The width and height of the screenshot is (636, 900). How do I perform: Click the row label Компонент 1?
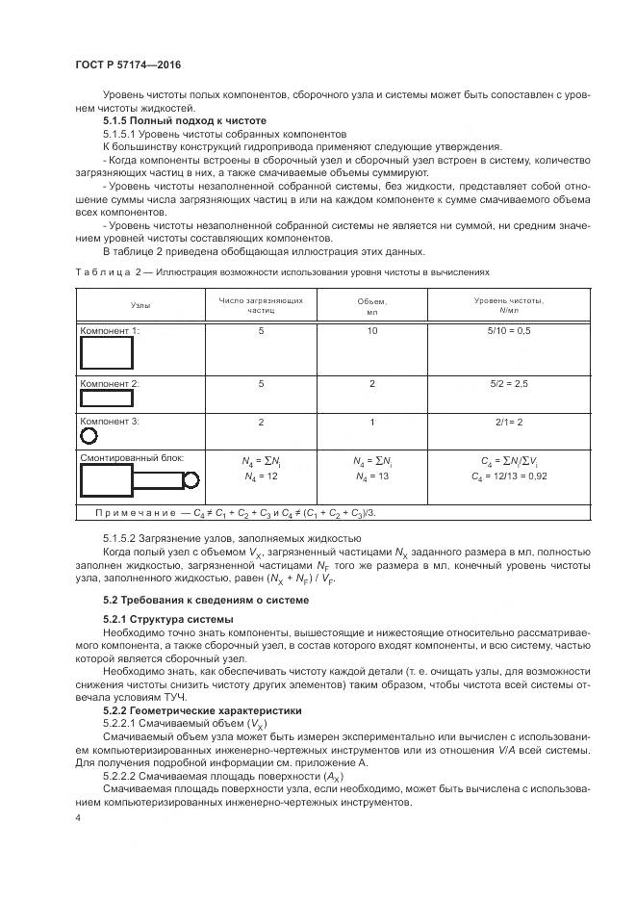pos(110,331)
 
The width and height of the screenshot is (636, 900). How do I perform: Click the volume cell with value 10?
pos(370,331)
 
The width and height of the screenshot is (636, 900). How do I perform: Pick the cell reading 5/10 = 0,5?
pos(509,331)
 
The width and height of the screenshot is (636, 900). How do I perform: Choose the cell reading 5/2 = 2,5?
pos(509,383)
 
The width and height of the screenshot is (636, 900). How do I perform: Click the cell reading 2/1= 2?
pos(509,422)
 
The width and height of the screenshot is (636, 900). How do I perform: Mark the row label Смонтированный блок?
pos(131,459)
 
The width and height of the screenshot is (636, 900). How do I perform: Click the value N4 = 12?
pos(261,476)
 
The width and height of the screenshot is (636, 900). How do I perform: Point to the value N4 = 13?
pos(370,476)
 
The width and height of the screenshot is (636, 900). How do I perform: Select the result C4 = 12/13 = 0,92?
pos(509,476)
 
